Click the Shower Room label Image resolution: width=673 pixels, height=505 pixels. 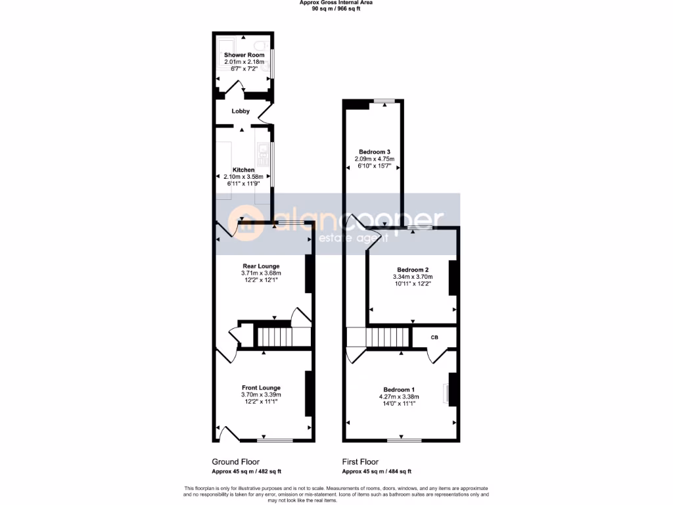[244, 55]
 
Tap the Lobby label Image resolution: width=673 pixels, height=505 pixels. [241, 111]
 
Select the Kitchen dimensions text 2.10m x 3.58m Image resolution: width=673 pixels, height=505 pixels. [243, 176]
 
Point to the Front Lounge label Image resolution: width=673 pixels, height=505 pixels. [261, 388]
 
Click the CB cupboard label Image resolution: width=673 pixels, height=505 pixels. [434, 337]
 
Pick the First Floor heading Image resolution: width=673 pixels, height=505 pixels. [360, 462]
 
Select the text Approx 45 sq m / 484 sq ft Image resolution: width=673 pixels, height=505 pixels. [377, 471]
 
